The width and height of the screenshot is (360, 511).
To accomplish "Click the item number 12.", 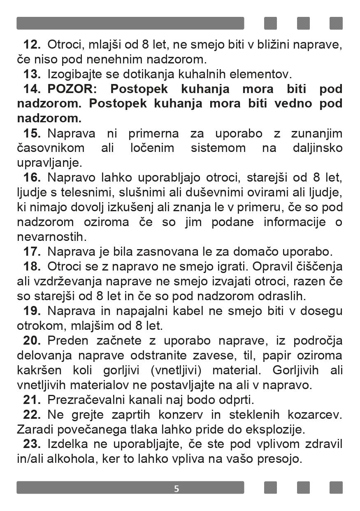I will [x=32, y=44].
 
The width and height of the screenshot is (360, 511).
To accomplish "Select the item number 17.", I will [x=32, y=251].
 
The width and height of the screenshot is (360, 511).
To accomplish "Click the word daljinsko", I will [x=318, y=148].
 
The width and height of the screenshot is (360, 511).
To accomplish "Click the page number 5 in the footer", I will [x=177, y=489].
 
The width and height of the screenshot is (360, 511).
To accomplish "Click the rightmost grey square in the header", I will [x=336, y=23].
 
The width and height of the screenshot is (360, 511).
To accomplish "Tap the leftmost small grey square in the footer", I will [x=270, y=488].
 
